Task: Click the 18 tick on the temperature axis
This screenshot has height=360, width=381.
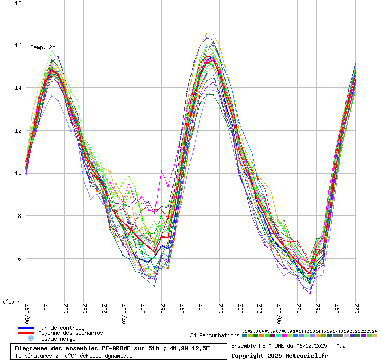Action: (18, 3)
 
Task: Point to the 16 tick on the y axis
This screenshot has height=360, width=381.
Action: (18, 46)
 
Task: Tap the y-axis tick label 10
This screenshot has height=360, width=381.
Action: (18, 173)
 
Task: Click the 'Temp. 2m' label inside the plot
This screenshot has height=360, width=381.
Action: (43, 47)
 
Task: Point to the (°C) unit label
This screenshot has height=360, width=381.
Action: (9, 301)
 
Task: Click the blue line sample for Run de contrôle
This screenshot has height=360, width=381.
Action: (26, 328)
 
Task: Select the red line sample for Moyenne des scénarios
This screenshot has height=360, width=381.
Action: (26, 333)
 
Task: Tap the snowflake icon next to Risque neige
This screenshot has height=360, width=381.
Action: (30, 338)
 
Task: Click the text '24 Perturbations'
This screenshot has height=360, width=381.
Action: (215, 335)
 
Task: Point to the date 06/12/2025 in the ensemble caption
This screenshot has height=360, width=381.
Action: (301, 345)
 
